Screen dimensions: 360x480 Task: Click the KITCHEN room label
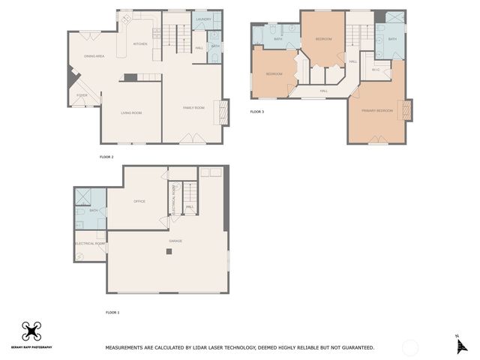[x=140, y=44]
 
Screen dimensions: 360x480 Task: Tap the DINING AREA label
[x=94, y=56]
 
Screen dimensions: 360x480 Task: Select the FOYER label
[x=81, y=95]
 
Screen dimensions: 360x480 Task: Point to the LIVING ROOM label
[x=131, y=112]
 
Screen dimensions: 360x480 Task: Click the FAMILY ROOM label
[x=193, y=108]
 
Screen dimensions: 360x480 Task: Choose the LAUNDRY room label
[x=202, y=19]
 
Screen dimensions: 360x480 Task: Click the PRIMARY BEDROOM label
[x=377, y=110]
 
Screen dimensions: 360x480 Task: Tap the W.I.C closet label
[x=376, y=70]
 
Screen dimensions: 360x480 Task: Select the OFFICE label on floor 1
[x=139, y=201]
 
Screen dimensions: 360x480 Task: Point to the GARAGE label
[x=175, y=241]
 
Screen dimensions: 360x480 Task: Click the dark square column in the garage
[x=169, y=252]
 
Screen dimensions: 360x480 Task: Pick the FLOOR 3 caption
[x=257, y=112]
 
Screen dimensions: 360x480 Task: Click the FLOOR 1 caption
[x=112, y=311]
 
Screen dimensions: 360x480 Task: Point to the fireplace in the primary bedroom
[x=407, y=110]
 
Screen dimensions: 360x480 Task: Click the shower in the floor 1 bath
[x=84, y=197]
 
